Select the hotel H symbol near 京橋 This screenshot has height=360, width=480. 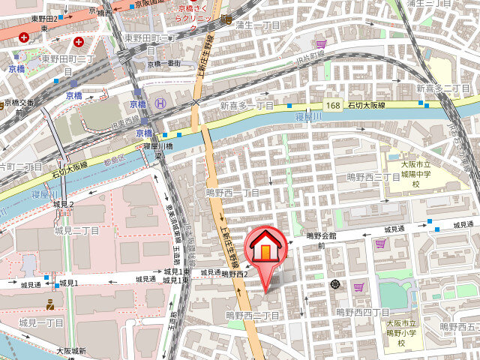pos(159,103)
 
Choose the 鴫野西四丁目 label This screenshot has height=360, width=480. pos(362,312)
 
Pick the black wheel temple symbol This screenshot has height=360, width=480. pos(334,284)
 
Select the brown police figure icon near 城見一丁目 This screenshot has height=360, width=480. pos(50,304)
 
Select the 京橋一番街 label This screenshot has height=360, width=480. pos(165,64)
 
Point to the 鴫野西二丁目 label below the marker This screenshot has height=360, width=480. pos(253,316)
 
